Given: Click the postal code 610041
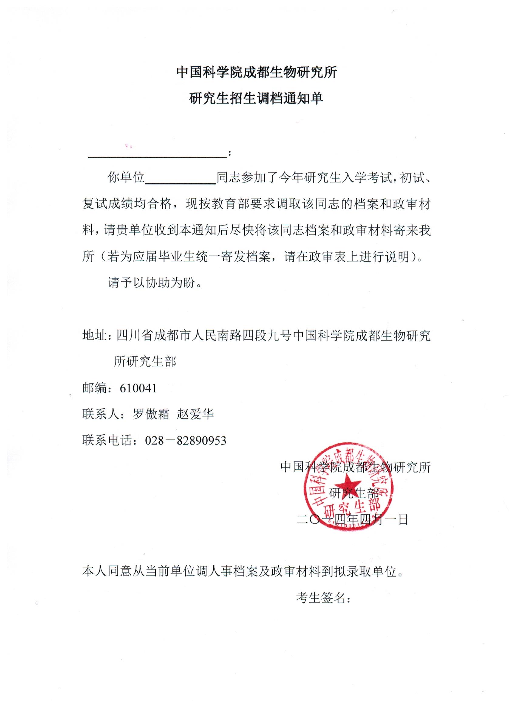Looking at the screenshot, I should coord(138,388).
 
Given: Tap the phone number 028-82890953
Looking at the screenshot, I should coord(185,440).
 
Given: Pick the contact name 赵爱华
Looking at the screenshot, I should coord(195,415).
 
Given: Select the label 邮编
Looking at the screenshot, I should coord(95,388).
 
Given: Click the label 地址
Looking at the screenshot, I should coord(95,336).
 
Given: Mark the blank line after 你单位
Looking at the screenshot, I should coord(181,182).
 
